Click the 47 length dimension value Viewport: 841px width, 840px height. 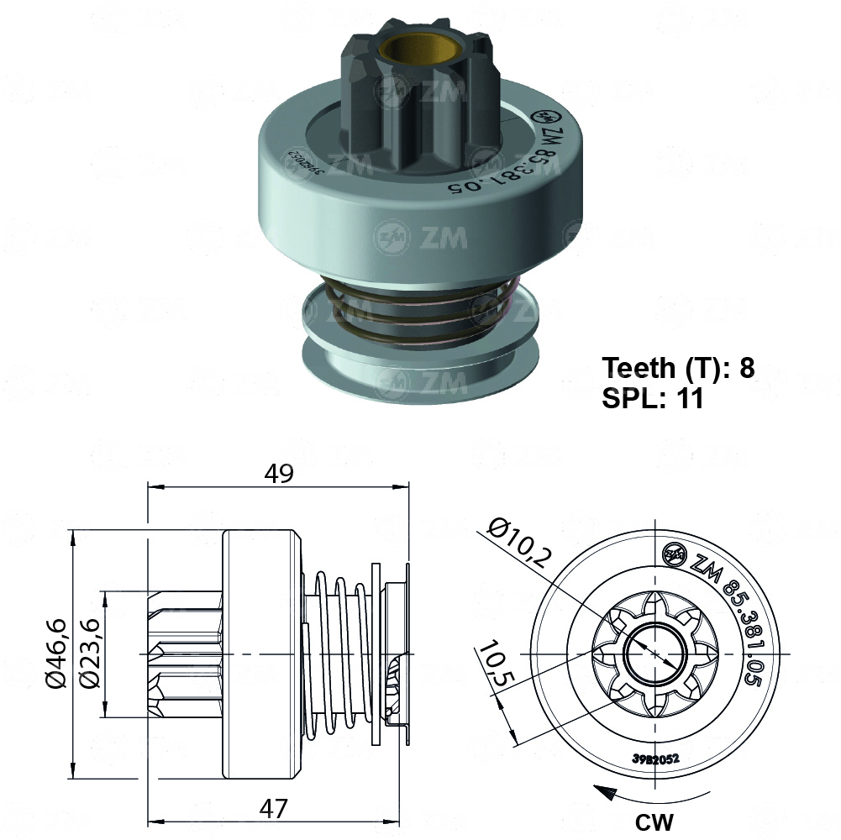tap(274, 809)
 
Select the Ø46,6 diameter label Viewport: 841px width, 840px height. tap(56, 653)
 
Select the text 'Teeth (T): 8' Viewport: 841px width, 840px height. tap(678, 368)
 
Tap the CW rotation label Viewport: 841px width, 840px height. tap(654, 820)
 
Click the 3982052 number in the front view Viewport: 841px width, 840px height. tap(655, 758)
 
